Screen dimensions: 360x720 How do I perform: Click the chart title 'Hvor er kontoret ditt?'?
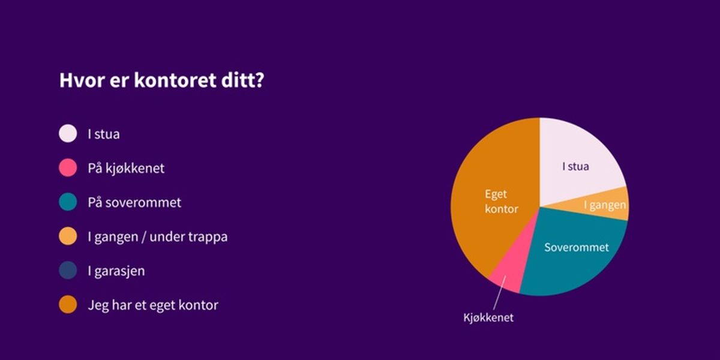[161, 81]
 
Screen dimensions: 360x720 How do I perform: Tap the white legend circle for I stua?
[68, 134]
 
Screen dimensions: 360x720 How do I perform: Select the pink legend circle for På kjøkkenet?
[68, 168]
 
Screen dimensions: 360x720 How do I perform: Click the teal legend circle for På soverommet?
[68, 202]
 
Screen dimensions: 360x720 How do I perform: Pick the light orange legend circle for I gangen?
[68, 236]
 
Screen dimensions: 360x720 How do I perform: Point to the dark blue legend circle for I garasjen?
[68, 271]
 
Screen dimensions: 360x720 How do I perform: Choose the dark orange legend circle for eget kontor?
[68, 305]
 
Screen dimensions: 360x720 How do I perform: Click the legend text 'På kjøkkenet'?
[126, 168]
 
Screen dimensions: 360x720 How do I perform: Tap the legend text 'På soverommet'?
[134, 202]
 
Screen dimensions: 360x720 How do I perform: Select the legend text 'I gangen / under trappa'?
[157, 236]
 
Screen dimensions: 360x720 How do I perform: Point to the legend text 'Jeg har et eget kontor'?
[153, 305]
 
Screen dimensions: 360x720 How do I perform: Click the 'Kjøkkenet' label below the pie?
[488, 318]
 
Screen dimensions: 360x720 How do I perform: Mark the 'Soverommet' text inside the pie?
[576, 247]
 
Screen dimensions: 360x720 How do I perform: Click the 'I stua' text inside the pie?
[575, 166]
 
